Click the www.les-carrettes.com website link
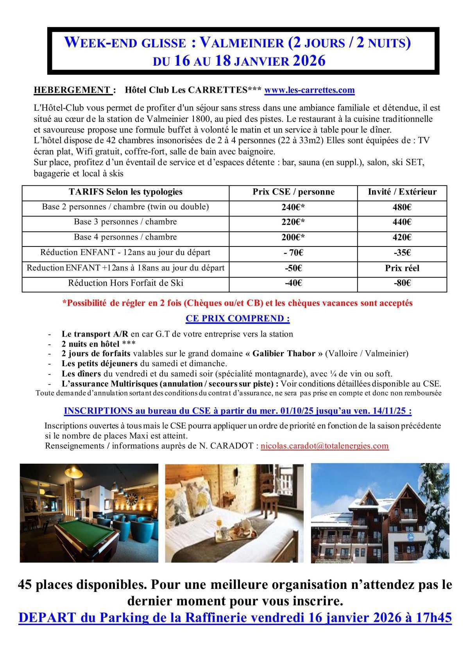coord(310,90)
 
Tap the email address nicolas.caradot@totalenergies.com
coord(324,446)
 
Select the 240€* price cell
coord(293,207)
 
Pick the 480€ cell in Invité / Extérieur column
coord(402,207)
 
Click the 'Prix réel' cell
coord(402,268)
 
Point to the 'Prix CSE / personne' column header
coord(293,192)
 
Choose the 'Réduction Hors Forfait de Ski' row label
coord(125,283)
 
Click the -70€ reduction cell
coord(293,253)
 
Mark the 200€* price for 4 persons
coord(293,238)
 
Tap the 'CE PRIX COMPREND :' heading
coord(238,319)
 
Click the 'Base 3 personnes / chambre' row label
coord(125,222)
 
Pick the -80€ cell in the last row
coord(402,283)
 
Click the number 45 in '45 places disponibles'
coord(25,585)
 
